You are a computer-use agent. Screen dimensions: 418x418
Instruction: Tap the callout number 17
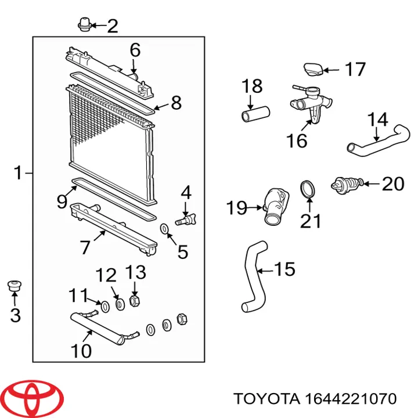point(355,70)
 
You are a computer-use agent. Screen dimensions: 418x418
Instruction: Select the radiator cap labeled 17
point(312,70)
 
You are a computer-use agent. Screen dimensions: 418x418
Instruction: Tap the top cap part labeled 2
point(84,24)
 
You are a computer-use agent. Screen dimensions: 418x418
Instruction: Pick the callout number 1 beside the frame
point(18,172)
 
